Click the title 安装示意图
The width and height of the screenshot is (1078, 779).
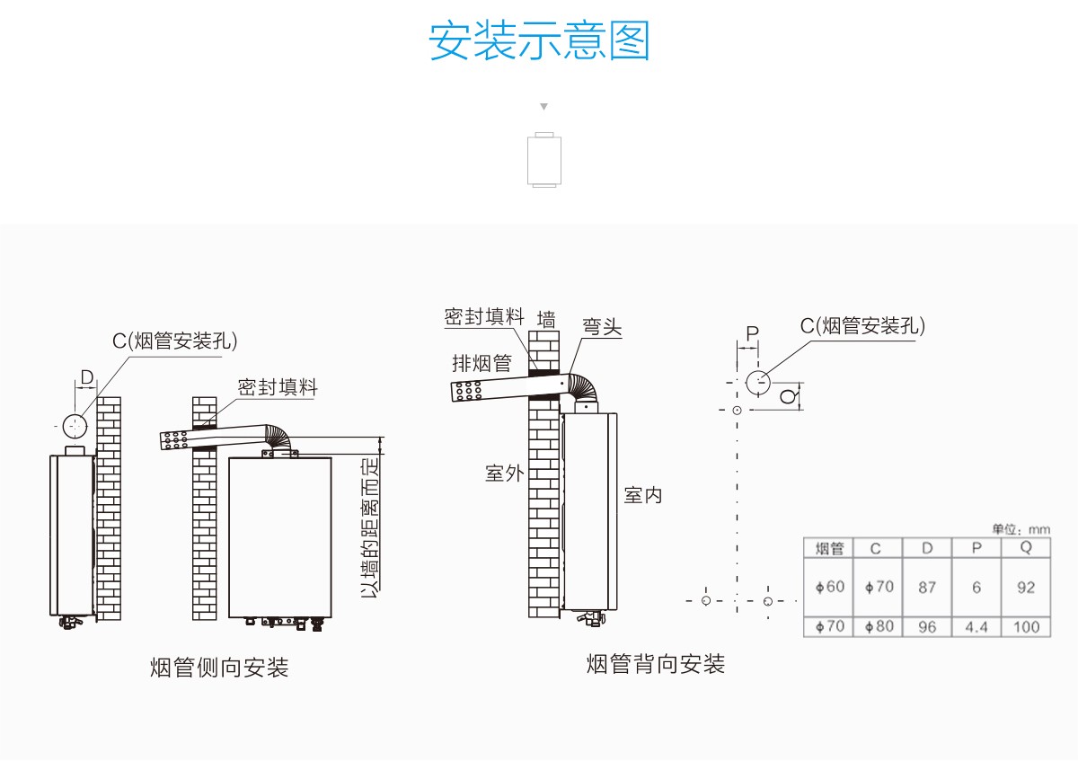click(x=539, y=40)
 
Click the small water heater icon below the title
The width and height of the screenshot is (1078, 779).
click(x=543, y=161)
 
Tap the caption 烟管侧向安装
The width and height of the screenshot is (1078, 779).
click(x=219, y=668)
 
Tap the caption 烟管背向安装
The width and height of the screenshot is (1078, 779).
click(x=655, y=665)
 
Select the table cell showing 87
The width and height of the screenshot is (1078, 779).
click(x=927, y=587)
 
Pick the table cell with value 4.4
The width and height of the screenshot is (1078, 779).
click(x=976, y=627)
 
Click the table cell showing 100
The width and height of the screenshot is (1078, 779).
click(x=1026, y=627)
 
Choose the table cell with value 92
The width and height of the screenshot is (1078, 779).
click(x=1026, y=587)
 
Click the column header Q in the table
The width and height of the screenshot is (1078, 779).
click(x=1026, y=548)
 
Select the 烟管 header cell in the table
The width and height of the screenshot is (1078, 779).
click(x=829, y=548)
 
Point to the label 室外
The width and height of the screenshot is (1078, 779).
click(x=504, y=474)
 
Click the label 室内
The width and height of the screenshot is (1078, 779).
click(x=643, y=495)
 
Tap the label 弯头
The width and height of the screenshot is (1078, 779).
click(x=602, y=326)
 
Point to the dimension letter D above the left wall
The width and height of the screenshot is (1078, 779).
click(x=86, y=377)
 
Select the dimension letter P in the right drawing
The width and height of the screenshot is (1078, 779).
click(x=752, y=333)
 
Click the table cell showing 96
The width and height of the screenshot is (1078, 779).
click(x=927, y=627)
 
